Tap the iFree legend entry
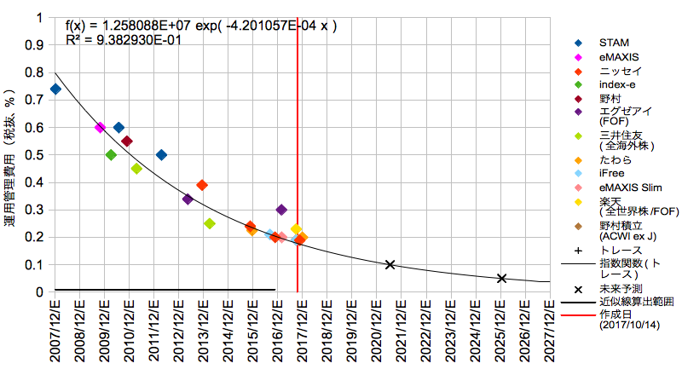click(611, 173)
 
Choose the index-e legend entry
click(616, 84)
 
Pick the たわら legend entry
click(615, 159)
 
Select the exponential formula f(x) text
click(201, 26)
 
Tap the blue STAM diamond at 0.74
click(55, 89)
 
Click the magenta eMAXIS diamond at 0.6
click(100, 127)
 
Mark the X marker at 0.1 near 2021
click(390, 264)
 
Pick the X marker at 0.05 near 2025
click(501, 279)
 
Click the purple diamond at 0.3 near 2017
click(281, 210)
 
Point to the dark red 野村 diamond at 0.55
click(126, 141)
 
